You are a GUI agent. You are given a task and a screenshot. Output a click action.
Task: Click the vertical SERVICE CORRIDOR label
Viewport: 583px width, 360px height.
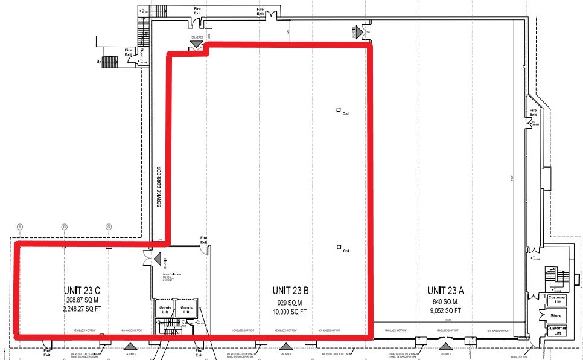(160, 187)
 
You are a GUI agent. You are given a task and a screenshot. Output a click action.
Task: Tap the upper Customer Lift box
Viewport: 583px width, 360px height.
(556, 299)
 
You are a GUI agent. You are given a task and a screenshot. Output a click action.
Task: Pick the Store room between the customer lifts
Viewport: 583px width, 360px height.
(556, 315)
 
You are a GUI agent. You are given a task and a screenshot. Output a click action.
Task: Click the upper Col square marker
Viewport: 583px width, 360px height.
(339, 110)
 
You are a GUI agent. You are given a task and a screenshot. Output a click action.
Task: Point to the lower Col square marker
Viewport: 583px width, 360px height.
(339, 247)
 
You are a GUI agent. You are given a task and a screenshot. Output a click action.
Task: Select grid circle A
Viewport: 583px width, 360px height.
(20, 227)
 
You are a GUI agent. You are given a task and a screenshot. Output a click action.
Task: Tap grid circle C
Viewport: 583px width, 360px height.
(109, 227)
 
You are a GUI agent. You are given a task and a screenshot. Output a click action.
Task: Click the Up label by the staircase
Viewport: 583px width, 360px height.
(99, 60)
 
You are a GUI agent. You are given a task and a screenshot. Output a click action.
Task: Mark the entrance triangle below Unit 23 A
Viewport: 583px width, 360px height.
(445, 346)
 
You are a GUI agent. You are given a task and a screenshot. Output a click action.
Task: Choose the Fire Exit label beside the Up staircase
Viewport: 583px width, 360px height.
(129, 53)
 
